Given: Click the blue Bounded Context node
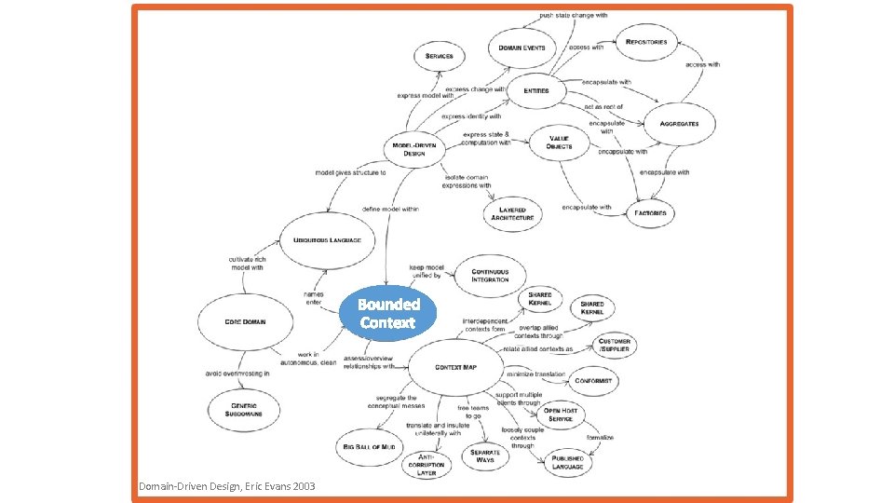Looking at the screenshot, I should [389, 314].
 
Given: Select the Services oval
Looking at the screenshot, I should [439, 56].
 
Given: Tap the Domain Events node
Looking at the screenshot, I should [521, 48].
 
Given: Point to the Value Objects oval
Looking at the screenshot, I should [560, 143].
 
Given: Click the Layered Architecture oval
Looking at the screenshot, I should [511, 213].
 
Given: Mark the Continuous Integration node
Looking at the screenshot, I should [490, 275].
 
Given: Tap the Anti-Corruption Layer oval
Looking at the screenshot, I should [426, 463].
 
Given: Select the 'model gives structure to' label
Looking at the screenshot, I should [350, 172].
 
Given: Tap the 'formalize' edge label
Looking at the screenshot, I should [599, 436].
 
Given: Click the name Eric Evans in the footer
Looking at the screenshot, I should [265, 487].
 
